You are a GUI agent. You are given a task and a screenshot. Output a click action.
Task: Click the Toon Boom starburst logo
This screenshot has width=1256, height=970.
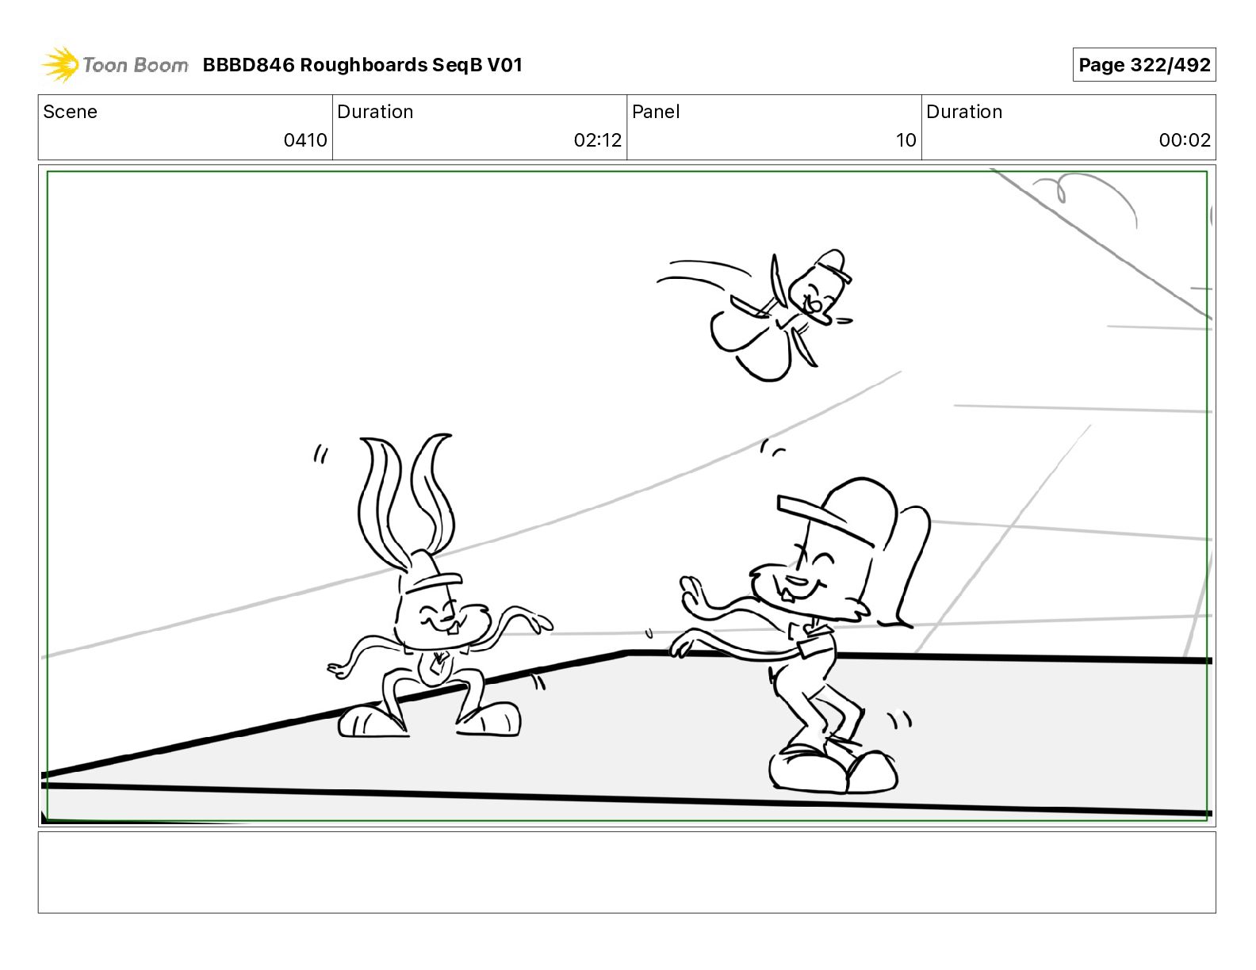(60, 65)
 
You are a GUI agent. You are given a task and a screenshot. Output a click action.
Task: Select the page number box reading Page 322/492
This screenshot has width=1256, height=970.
(1144, 65)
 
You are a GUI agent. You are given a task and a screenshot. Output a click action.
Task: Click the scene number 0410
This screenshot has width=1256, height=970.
(305, 139)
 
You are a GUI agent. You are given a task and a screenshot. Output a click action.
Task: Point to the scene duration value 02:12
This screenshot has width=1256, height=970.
(597, 139)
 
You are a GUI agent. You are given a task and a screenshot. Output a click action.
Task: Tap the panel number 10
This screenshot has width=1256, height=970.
(906, 139)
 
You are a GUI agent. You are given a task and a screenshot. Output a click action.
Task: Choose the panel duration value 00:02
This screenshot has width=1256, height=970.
(1185, 139)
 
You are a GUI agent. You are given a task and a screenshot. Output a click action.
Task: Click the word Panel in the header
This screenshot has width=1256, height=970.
(656, 112)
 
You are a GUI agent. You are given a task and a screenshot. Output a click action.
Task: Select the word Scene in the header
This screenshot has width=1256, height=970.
(70, 112)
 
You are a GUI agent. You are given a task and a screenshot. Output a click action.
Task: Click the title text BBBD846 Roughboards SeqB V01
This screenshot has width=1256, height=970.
(362, 65)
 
